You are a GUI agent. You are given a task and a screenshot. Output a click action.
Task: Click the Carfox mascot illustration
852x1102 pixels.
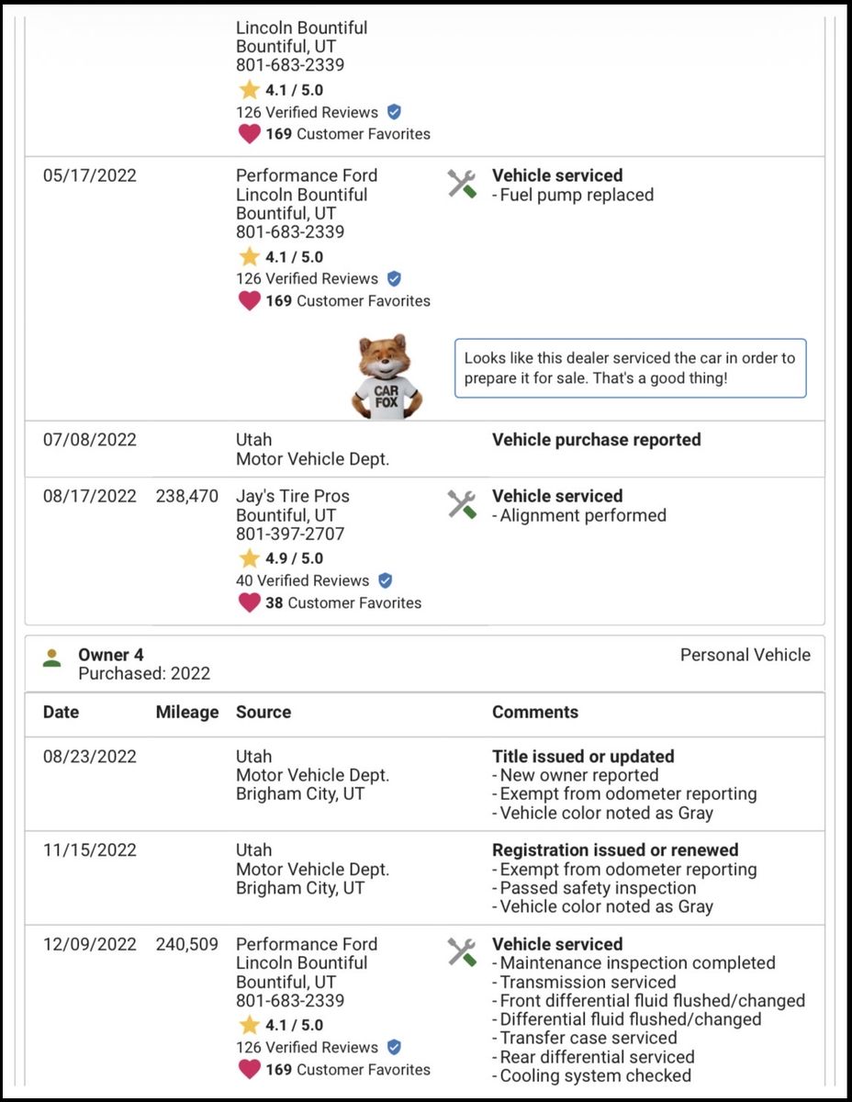coord(386,377)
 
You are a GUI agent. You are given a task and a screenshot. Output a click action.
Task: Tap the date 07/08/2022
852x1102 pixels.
coord(89,440)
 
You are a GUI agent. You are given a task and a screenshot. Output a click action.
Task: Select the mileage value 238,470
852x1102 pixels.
coord(187,496)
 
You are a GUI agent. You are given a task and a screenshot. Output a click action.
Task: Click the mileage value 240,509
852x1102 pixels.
coord(187,944)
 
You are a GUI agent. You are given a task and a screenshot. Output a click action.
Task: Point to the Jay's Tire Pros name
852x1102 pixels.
coord(292,496)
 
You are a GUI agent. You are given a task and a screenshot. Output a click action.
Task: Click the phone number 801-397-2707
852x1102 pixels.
coord(290,534)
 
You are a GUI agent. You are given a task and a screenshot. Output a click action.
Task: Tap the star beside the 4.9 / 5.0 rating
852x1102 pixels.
coord(249,558)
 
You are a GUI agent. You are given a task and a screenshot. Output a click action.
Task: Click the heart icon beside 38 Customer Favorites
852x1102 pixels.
coord(249,603)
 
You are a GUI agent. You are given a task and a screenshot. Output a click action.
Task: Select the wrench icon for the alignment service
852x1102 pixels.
coord(462,504)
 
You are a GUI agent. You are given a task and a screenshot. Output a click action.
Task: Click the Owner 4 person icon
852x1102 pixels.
coord(52,658)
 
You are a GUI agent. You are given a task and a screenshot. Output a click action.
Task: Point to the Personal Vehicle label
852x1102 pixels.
coord(745,655)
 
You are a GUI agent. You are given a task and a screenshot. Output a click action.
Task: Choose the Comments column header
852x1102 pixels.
coord(535,712)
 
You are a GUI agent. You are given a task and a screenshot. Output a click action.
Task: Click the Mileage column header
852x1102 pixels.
coord(187,712)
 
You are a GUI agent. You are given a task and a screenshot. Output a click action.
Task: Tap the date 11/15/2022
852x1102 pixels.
coord(89,850)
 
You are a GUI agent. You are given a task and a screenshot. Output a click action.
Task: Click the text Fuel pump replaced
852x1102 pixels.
coord(577,195)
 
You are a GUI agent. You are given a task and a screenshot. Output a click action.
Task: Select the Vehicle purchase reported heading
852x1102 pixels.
coord(596,440)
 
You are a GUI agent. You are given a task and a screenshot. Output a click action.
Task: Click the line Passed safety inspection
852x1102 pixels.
coord(598,888)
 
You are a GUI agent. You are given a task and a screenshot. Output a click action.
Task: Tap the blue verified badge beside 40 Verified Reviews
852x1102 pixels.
coord(386,580)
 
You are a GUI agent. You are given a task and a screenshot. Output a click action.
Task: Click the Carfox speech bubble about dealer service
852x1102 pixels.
coord(630,368)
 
